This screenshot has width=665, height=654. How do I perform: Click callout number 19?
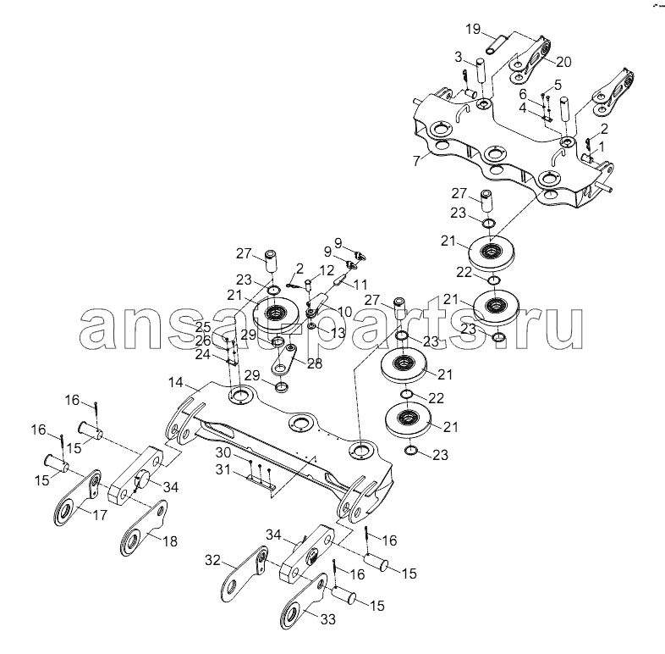tap(473, 29)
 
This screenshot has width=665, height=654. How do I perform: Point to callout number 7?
tap(458, 58)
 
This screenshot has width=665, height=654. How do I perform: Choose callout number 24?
tap(201, 355)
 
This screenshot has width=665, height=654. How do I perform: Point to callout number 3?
tap(458, 58)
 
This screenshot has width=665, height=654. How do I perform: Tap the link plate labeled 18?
tap(140, 535)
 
